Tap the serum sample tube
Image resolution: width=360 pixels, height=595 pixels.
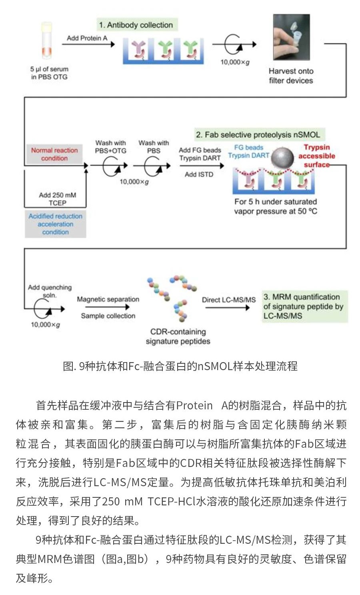(x=46, y=40)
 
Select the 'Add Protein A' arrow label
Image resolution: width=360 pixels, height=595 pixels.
(x=87, y=38)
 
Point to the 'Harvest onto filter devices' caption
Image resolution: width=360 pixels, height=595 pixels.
(x=291, y=76)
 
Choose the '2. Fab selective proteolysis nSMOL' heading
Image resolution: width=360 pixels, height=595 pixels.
(x=258, y=134)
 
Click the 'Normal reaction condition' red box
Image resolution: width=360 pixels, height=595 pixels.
(x=54, y=154)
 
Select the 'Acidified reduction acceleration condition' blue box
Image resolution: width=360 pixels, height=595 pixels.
(x=55, y=224)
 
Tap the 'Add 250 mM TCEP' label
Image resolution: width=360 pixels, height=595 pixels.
(x=57, y=199)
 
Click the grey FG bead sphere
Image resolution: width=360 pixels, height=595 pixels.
(x=283, y=158)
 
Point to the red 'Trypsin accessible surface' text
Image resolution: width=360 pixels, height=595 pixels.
(x=317, y=156)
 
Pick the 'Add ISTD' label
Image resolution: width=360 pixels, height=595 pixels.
(x=199, y=174)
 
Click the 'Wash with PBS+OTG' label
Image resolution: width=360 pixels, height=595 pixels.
(x=110, y=147)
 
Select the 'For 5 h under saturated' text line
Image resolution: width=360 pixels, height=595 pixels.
(x=276, y=202)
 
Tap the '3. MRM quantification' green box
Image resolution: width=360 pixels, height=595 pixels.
(x=304, y=306)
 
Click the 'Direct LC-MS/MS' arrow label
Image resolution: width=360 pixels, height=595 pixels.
(x=228, y=300)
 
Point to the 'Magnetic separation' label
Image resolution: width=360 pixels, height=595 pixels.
(x=108, y=299)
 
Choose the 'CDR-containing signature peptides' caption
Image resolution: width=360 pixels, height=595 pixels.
(x=178, y=336)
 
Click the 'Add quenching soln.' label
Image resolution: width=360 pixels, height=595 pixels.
(x=50, y=291)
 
